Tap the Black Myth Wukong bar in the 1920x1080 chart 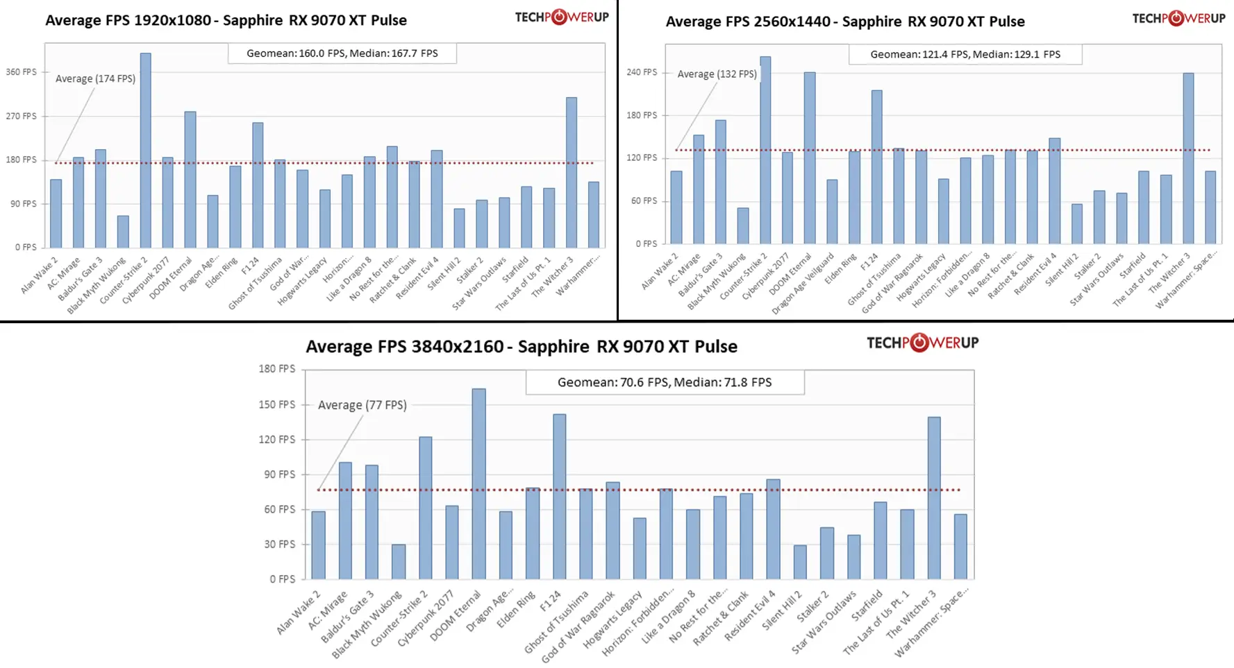(x=123, y=232)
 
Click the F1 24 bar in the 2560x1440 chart (x=876, y=166)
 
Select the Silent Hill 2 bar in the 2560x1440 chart (x=1076, y=223)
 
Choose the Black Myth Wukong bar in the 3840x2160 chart (x=399, y=561)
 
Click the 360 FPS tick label (x=21, y=72)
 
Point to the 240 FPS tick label (x=641, y=72)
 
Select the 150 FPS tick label (x=276, y=404)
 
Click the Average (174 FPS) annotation (x=95, y=79)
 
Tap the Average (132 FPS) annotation (x=717, y=74)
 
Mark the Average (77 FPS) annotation (x=362, y=405)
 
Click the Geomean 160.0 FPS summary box (x=342, y=53)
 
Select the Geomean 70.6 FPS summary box (x=665, y=382)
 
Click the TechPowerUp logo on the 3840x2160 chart (x=922, y=343)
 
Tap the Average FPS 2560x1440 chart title (x=844, y=22)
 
